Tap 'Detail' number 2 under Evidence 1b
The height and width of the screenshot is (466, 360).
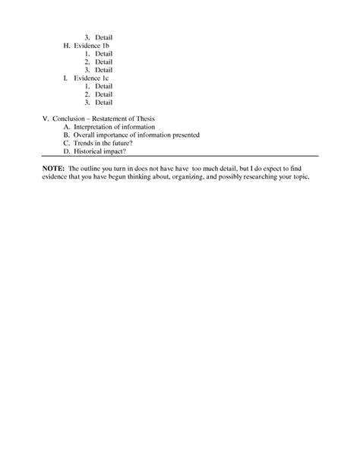(103, 62)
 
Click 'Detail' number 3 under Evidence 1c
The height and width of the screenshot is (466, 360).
(103, 102)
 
